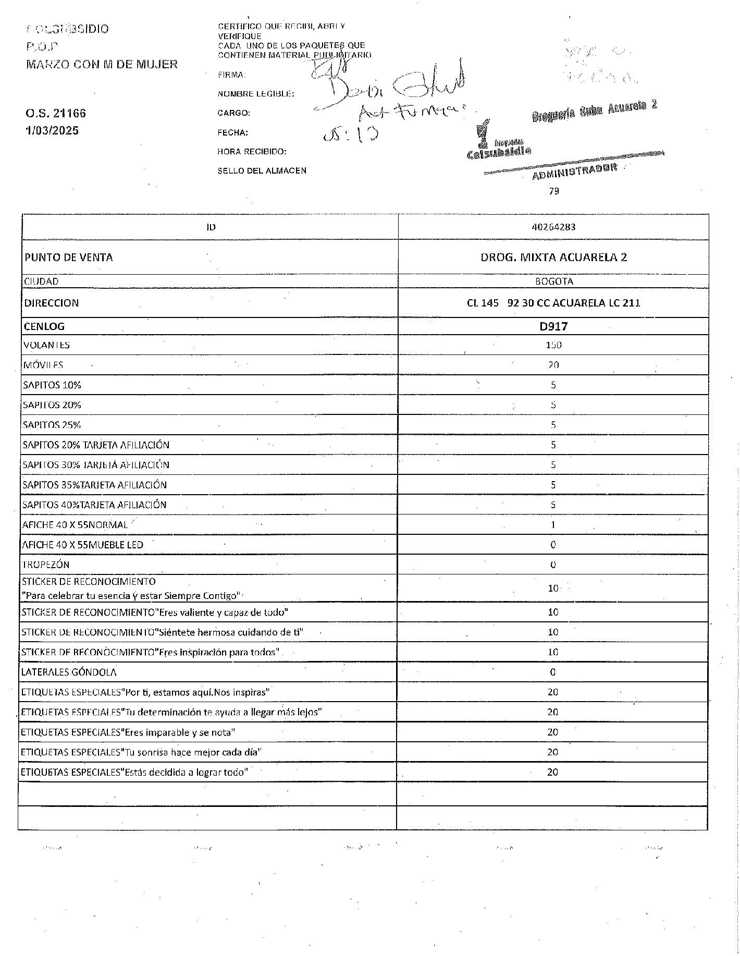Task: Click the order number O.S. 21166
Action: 56,113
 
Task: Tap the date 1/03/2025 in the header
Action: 52,130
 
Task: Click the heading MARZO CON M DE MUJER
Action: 102,65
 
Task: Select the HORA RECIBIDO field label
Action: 252,152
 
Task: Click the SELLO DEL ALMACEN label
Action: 262,170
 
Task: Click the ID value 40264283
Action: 553,227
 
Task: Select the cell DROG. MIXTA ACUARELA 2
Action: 553,257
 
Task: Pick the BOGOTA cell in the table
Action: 553,281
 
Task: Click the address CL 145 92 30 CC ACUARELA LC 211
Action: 553,303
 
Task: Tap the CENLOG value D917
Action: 553,327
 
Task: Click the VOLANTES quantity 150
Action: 553,345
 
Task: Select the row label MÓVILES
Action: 43,365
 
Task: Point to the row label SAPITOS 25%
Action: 52,425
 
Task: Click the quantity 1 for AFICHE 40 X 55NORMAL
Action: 553,525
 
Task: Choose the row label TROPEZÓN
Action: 46,565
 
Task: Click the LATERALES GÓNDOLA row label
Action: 69,672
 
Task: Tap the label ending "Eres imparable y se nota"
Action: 128,732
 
